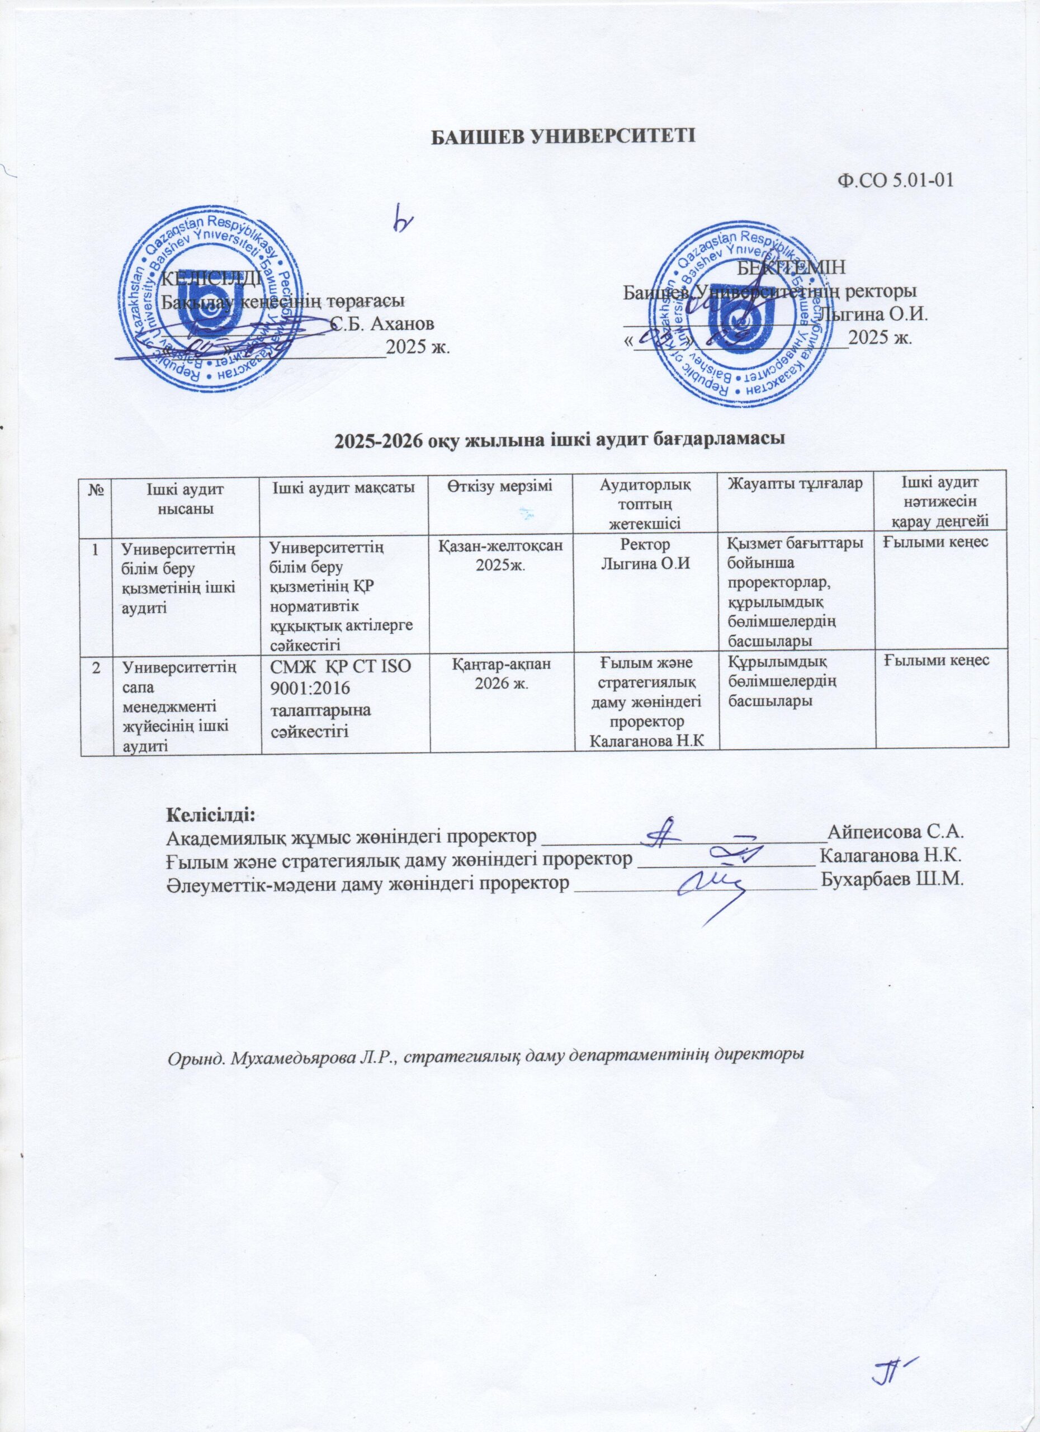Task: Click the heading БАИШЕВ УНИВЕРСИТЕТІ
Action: (562, 136)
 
